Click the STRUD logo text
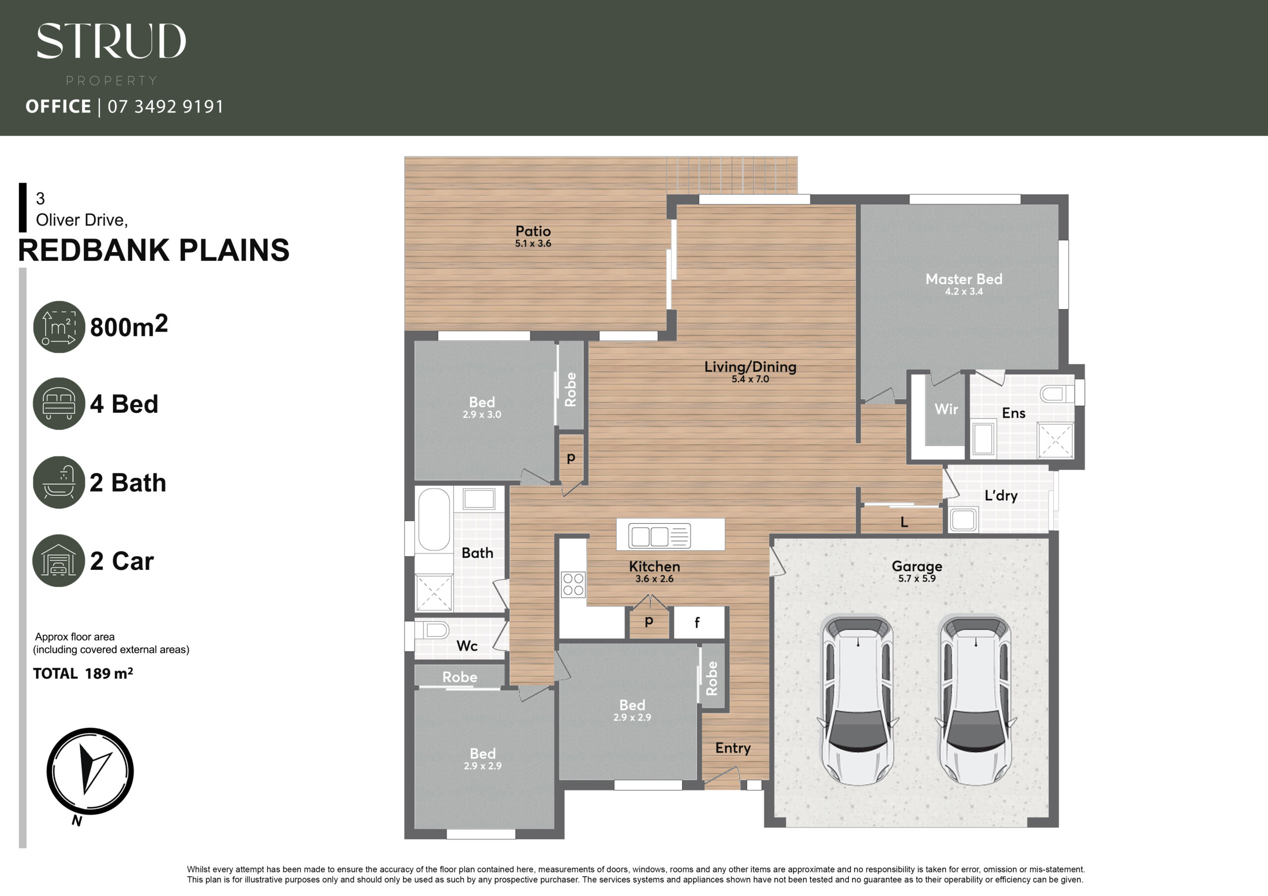pyautogui.click(x=111, y=41)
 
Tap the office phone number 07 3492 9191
pyautogui.click(x=165, y=106)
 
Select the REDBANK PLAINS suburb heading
pyautogui.click(x=154, y=250)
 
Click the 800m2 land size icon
pyautogui.click(x=59, y=327)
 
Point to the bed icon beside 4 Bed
pyautogui.click(x=59, y=403)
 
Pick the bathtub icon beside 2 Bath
pyautogui.click(x=59, y=482)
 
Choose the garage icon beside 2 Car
pyautogui.click(x=59, y=560)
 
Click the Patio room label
pyautogui.click(x=533, y=231)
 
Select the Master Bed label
pyautogui.click(x=964, y=279)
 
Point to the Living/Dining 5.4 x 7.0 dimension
pyautogui.click(x=750, y=379)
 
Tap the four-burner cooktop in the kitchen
pyautogui.click(x=573, y=585)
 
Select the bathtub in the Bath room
pyautogui.click(x=434, y=519)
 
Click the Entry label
pyautogui.click(x=733, y=748)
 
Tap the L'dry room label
pyautogui.click(x=1001, y=495)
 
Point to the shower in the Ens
pyautogui.click(x=1055, y=440)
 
